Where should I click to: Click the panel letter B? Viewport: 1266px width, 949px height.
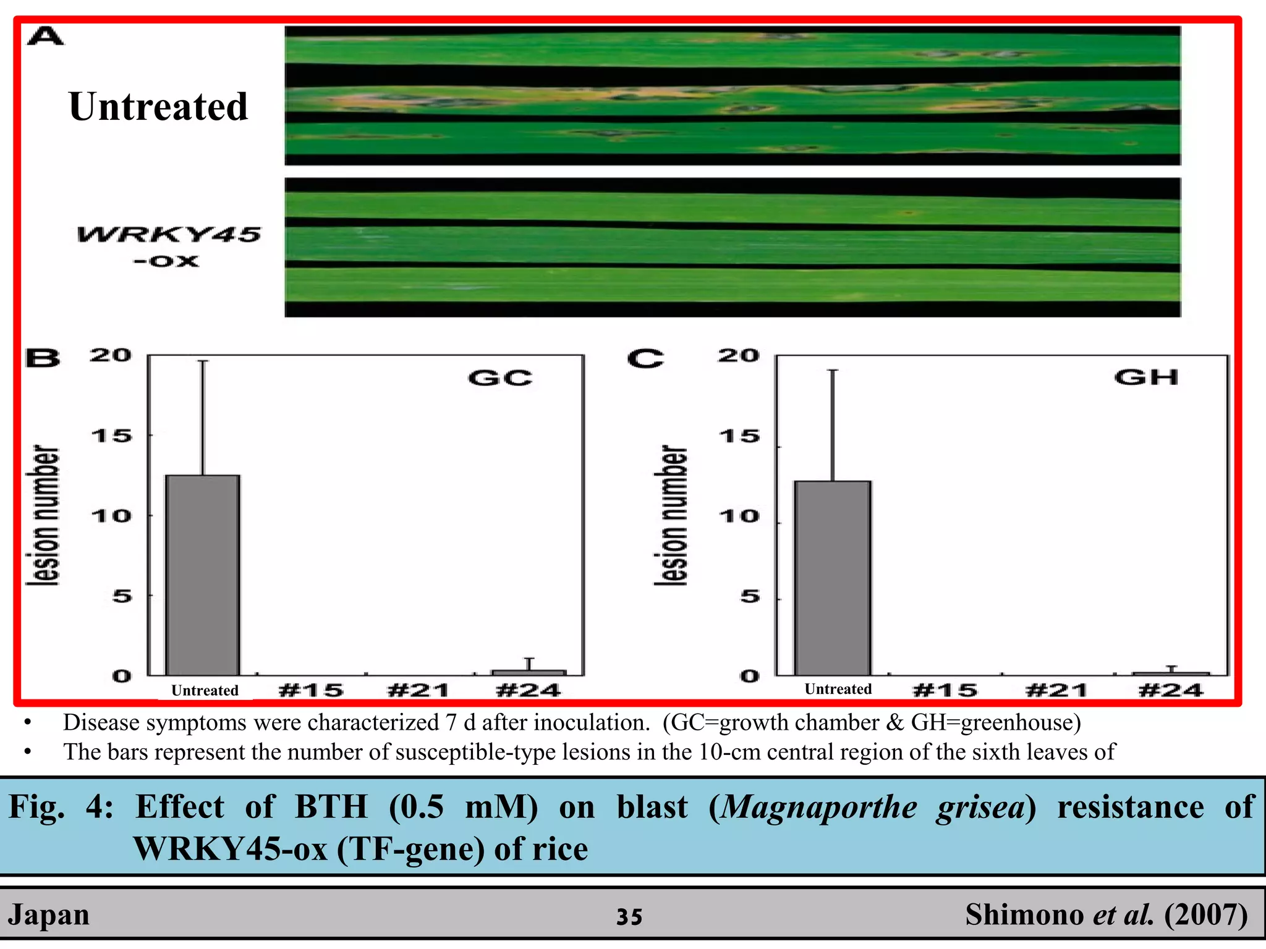43,358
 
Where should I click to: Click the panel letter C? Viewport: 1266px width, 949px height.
645,358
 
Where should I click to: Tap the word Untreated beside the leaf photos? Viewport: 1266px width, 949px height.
158,106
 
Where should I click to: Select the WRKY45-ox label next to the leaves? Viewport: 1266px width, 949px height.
168,247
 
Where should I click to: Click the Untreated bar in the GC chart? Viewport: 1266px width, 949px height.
203,575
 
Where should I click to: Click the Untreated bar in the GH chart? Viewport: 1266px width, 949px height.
833,578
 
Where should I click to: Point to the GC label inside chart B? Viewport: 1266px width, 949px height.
500,377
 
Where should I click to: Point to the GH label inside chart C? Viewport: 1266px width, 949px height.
1147,377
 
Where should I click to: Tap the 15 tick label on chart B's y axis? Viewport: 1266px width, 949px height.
111,436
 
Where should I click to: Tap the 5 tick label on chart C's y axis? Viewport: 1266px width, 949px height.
750,597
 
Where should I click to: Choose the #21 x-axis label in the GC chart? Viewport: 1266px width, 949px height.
418,690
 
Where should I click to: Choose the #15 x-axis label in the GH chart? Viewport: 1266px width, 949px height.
945,690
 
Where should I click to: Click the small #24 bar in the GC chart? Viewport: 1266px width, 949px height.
529,672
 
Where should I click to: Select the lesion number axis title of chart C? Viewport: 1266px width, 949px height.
671,515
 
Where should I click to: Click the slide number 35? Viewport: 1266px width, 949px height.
629,917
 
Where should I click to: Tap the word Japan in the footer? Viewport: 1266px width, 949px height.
49,914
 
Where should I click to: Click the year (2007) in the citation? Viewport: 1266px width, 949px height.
1206,914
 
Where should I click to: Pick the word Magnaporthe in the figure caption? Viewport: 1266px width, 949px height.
819,807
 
